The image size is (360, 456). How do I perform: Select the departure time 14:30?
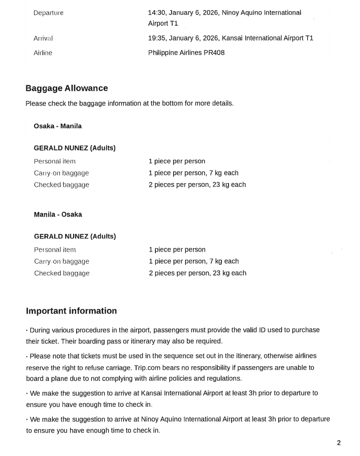coord(156,12)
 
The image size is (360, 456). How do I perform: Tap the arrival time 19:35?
coord(156,38)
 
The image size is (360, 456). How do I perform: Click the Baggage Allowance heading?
coord(67,88)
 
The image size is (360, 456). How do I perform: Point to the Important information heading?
coord(71,311)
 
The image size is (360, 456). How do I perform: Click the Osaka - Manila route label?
coord(57,126)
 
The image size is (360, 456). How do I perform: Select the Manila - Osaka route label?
coord(58,215)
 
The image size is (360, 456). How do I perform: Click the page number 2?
coord(339,443)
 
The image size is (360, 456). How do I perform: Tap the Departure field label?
coord(48,13)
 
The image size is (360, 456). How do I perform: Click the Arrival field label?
coord(43,38)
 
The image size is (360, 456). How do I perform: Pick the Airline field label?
coord(43,53)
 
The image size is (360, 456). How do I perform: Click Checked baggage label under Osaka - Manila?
coord(61,185)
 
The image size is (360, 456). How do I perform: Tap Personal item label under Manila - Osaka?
coord(55,250)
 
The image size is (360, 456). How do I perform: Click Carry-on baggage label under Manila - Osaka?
coord(61,261)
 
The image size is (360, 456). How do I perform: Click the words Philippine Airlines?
coord(175,53)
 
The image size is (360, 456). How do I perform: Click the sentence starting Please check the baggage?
coord(129,103)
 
